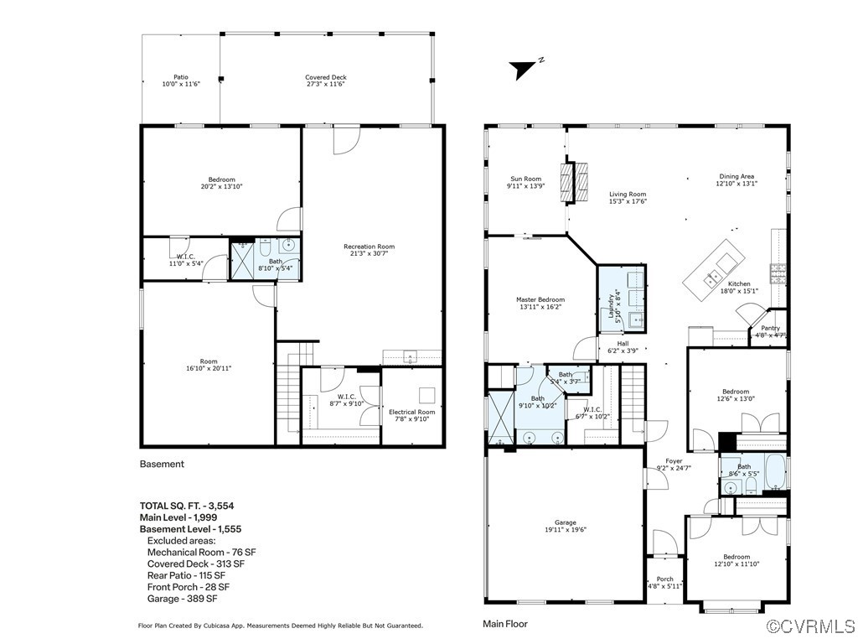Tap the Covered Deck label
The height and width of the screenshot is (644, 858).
(x=325, y=80)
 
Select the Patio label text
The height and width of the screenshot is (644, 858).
(x=180, y=80)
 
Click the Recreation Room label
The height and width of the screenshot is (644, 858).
(x=369, y=250)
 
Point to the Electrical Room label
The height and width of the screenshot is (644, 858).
(x=411, y=415)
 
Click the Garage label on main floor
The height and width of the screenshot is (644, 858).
(x=566, y=526)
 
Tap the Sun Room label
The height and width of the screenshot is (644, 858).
(x=526, y=182)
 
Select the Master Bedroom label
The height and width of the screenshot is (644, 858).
(x=540, y=303)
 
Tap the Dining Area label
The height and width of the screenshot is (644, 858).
(x=737, y=179)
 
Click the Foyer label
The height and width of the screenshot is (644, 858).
(x=674, y=465)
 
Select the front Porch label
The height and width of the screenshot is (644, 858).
(x=664, y=583)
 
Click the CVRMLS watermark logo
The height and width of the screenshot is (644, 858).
(x=809, y=626)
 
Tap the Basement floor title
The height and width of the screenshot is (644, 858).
(x=162, y=464)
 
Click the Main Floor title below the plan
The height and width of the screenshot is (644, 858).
(x=504, y=624)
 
